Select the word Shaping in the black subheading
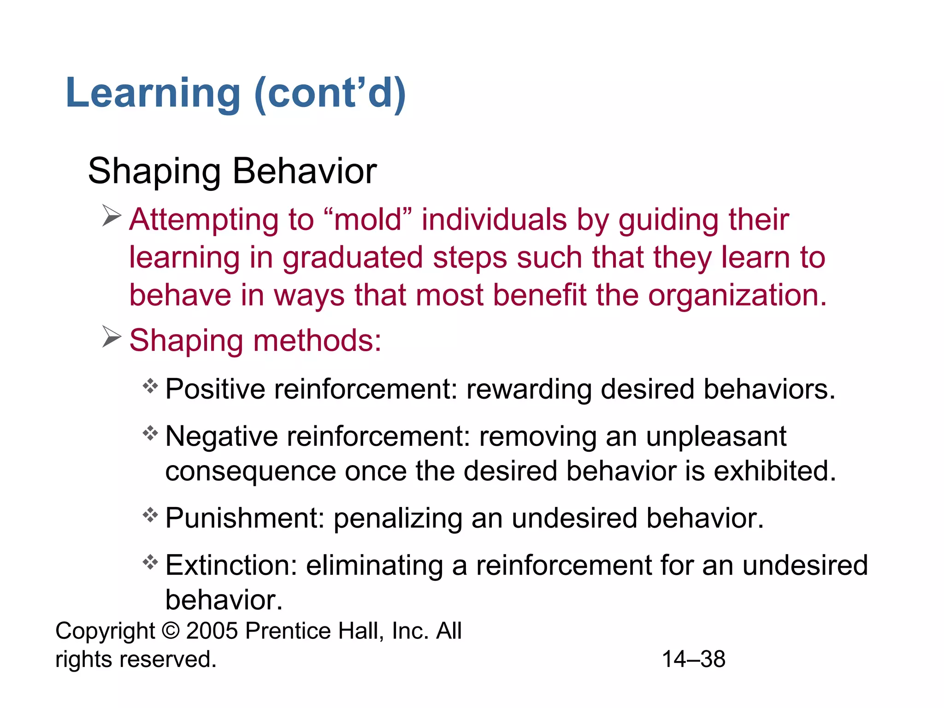[x=154, y=171]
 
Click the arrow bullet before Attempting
[x=111, y=216]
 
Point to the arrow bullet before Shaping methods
[x=111, y=337]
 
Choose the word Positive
[x=215, y=389]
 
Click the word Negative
[x=221, y=436]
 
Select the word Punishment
[x=245, y=518]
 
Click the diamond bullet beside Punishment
[x=150, y=514]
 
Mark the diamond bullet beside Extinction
[x=150, y=562]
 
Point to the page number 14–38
[x=693, y=659]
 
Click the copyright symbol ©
[x=171, y=631]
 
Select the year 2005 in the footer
[x=212, y=631]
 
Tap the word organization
[x=737, y=295]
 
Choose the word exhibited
[x=774, y=471]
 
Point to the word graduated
[x=353, y=258]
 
